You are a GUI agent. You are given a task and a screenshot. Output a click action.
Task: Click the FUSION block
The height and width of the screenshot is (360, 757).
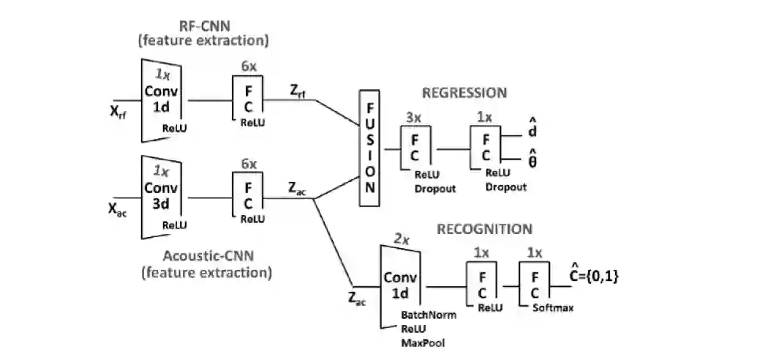pyautogui.click(x=369, y=148)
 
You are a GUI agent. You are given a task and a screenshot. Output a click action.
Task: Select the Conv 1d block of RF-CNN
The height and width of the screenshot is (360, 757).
pyautogui.click(x=161, y=101)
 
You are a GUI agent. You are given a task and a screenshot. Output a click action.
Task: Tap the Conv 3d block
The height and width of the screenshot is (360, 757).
pyautogui.click(x=161, y=197)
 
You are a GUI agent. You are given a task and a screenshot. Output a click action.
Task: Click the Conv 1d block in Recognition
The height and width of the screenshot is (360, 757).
pyautogui.click(x=400, y=287)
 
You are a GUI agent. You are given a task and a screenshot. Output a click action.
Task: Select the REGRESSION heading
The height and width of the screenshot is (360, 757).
pyautogui.click(x=464, y=93)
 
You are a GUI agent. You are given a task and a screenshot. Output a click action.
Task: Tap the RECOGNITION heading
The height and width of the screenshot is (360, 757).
pyautogui.click(x=485, y=228)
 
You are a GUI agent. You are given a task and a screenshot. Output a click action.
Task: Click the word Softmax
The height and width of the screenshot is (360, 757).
pyautogui.click(x=553, y=307)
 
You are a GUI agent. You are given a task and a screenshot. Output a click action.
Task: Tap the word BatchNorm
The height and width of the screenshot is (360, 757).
pyautogui.click(x=429, y=315)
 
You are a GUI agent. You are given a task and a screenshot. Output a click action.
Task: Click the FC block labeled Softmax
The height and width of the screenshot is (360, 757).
pyautogui.click(x=535, y=284)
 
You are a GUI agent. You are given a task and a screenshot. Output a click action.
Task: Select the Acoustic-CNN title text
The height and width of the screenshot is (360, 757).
pyautogui.click(x=207, y=264)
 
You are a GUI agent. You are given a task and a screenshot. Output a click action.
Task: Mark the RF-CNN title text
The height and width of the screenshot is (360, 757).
pyautogui.click(x=203, y=32)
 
